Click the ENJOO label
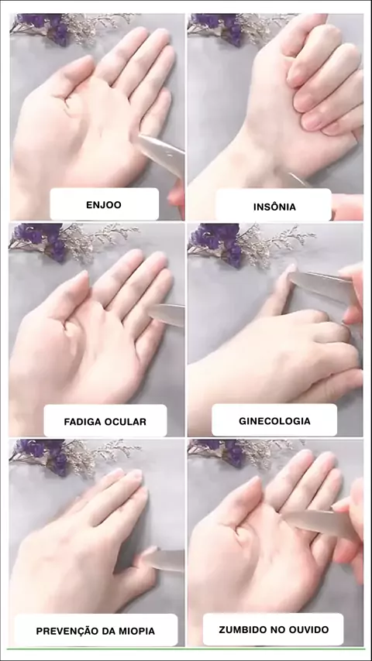coord(104,205)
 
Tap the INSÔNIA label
coord(274,207)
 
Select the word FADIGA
coord(81,422)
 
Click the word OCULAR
coord(125,422)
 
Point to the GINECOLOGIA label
coord(274,421)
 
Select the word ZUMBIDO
coord(239,630)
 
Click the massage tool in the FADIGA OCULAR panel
coord(167,314)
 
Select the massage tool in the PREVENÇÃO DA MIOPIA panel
coord(164,560)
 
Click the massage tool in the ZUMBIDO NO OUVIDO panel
coord(320,524)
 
